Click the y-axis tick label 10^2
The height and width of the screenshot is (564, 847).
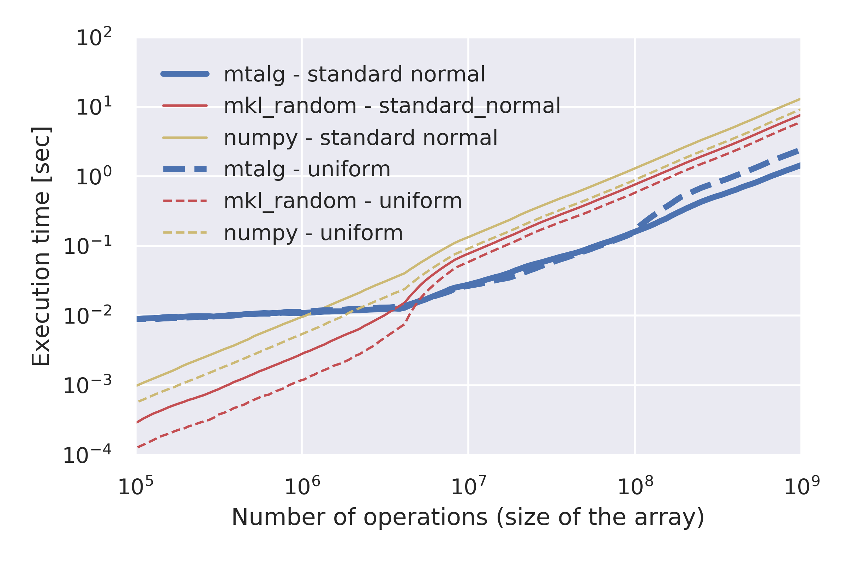point(94,37)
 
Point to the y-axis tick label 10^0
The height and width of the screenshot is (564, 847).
point(94,177)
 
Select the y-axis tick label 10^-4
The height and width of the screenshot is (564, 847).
point(87,455)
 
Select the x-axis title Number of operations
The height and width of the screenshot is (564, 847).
point(467,517)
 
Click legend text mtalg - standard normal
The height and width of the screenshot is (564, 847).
point(354,74)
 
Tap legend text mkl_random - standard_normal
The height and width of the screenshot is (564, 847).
point(392,106)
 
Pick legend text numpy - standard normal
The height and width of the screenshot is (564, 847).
point(360,137)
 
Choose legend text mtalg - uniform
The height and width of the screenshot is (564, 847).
point(307,169)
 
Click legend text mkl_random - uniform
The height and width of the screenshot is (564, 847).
point(342,201)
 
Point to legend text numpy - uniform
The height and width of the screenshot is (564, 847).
point(313,233)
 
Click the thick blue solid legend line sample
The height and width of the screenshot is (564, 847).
point(185,74)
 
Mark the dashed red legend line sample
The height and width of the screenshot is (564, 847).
point(185,201)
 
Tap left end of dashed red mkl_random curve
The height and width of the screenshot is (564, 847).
point(138,447)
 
